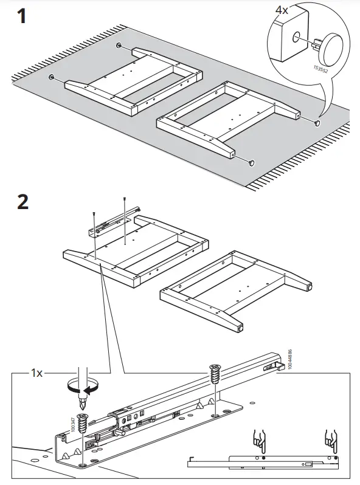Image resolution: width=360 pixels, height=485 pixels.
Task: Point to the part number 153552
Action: pyautogui.click(x=317, y=63)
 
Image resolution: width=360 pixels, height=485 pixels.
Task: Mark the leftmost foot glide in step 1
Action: pyautogui.click(x=51, y=77)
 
